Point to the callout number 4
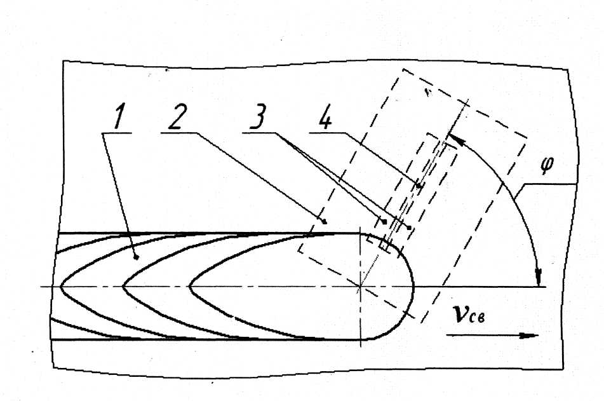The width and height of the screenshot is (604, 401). [x=325, y=119]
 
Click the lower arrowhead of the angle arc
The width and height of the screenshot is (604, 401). [x=539, y=278]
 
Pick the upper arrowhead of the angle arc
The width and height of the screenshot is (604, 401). [x=452, y=137]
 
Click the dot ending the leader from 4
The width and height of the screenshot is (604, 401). [x=419, y=186]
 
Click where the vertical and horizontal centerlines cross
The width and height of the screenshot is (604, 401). [x=360, y=287]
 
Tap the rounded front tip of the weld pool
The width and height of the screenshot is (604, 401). [x=413, y=286]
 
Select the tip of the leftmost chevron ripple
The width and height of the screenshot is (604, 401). [x=62, y=287]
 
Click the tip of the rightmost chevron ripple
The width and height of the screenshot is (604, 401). [x=190, y=287]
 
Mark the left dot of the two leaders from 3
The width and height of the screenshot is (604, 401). [x=385, y=221]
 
